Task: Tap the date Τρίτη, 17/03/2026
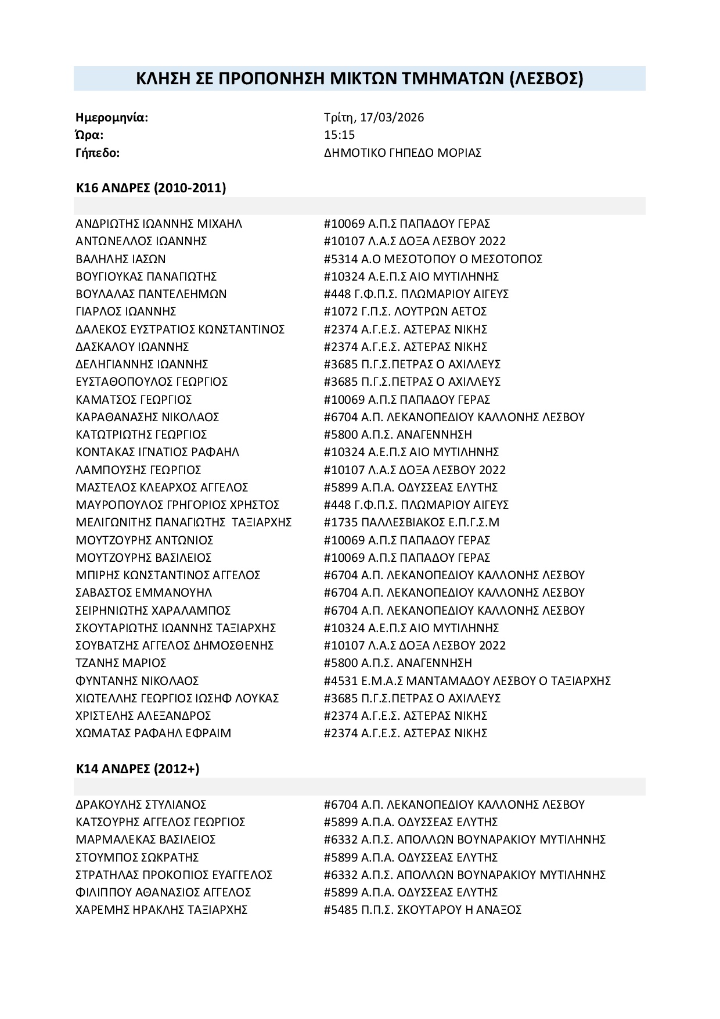click(374, 117)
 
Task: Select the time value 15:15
click(339, 135)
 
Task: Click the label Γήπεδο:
click(98, 153)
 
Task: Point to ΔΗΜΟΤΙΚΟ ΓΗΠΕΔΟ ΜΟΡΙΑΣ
click(402, 153)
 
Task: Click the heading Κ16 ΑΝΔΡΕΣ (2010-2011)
click(151, 188)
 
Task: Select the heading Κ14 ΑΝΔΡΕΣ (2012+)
click(138, 769)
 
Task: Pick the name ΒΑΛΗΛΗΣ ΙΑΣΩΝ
click(121, 259)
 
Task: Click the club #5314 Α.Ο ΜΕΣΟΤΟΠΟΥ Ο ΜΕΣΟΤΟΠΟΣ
click(433, 259)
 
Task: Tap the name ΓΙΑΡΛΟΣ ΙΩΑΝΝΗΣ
click(126, 311)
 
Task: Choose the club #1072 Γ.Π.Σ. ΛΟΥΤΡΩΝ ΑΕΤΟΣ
click(405, 311)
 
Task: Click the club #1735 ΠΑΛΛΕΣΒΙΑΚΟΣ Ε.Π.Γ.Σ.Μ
click(411, 522)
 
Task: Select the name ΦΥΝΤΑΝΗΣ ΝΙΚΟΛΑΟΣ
click(138, 680)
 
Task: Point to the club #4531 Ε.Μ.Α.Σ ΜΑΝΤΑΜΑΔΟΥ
click(467, 680)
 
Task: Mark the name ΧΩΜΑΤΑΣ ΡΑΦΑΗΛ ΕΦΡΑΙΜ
click(153, 733)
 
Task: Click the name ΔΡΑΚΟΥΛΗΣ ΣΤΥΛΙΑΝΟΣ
click(141, 805)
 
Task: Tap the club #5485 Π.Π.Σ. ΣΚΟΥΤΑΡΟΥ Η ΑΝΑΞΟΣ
click(422, 910)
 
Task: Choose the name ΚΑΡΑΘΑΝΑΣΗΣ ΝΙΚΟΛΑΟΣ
click(147, 417)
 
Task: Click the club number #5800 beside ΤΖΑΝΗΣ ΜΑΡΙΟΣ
click(340, 663)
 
